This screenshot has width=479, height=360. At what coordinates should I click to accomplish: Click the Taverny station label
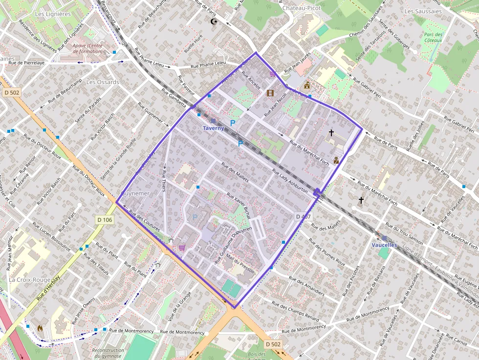(x=214, y=128)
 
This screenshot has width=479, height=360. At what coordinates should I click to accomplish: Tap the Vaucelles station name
(x=384, y=245)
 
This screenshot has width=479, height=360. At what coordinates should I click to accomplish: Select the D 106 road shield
(x=105, y=220)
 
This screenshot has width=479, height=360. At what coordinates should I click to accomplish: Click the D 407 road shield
(x=303, y=216)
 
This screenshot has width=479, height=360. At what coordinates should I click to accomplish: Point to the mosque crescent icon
(x=213, y=21)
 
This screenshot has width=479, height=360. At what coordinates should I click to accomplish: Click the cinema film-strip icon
(x=270, y=92)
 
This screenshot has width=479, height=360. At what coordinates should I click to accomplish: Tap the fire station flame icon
(x=40, y=328)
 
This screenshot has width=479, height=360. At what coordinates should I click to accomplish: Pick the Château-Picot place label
(x=301, y=8)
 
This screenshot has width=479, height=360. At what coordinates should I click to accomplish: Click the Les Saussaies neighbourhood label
(x=423, y=11)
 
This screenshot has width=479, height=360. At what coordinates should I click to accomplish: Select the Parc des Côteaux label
(x=433, y=38)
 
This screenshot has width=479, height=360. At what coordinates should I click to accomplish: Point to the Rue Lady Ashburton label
(x=290, y=181)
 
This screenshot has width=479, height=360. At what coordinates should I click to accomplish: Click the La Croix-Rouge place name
(x=29, y=280)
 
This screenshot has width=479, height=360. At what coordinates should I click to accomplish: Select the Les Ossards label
(x=102, y=82)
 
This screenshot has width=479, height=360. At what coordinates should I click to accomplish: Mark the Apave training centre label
(x=87, y=48)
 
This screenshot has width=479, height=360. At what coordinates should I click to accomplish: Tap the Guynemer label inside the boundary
(x=135, y=193)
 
